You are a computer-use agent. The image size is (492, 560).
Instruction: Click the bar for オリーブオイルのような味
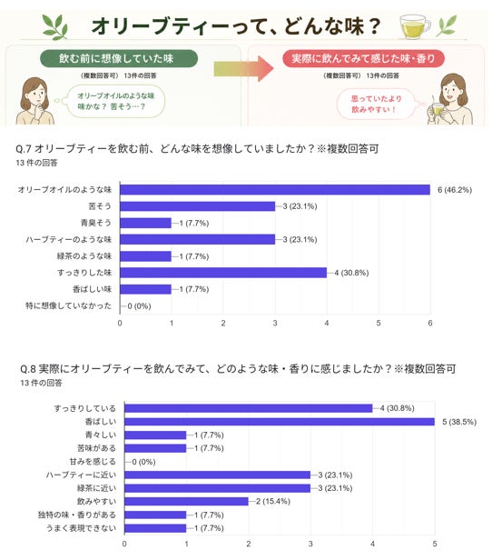[275, 190]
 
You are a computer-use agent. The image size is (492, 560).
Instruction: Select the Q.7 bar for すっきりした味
[223, 273]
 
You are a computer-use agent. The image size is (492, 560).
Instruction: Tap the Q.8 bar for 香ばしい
[280, 422]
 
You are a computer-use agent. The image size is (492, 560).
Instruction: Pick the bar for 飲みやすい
[186, 502]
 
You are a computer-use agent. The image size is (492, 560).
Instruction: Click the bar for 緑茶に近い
[218, 488]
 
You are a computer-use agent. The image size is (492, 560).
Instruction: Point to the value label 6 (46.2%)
[455, 190]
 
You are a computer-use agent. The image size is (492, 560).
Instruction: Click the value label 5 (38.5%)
[459, 422]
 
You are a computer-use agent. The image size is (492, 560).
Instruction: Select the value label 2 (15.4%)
[272, 502]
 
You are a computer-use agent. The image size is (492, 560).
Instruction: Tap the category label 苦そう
[100, 206]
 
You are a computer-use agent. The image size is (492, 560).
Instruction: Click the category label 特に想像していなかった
[68, 305]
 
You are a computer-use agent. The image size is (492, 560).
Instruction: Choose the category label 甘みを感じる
[93, 462]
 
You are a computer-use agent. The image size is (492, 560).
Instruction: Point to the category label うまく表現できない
[82, 528]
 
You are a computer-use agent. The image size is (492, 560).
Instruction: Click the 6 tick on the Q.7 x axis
[430, 324]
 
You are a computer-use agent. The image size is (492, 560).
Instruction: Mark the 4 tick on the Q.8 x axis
[372, 544]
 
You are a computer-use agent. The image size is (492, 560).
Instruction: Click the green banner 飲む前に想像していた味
[119, 58]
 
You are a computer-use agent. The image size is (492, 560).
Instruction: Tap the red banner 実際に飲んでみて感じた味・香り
[363, 58]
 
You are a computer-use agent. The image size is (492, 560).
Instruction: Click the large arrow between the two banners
[243, 68]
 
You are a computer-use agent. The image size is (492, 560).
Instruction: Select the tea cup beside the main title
[415, 27]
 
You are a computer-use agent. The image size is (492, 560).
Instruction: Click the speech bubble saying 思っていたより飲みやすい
[377, 104]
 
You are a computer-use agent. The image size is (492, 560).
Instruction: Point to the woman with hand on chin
[34, 101]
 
